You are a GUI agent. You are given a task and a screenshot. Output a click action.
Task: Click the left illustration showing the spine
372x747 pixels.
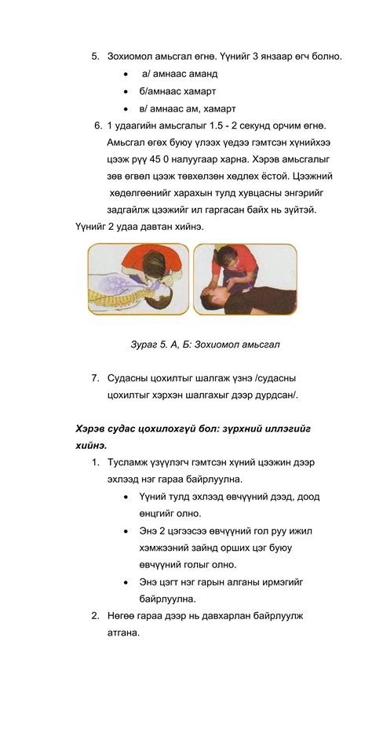137,279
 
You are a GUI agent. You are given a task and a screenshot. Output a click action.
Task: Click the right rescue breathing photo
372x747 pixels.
245,279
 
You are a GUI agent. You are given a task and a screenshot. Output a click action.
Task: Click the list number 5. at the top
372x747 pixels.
95,56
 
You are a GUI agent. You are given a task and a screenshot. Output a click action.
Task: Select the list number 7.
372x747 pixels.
95,378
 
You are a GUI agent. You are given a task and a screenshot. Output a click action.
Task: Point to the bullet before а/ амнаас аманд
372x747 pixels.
126,74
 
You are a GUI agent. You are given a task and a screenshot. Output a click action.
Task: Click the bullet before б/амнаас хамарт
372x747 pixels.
126,91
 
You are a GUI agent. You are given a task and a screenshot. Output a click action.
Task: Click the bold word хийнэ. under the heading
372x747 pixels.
91,446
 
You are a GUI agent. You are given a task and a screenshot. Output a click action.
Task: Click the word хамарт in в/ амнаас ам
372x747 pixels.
219,108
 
